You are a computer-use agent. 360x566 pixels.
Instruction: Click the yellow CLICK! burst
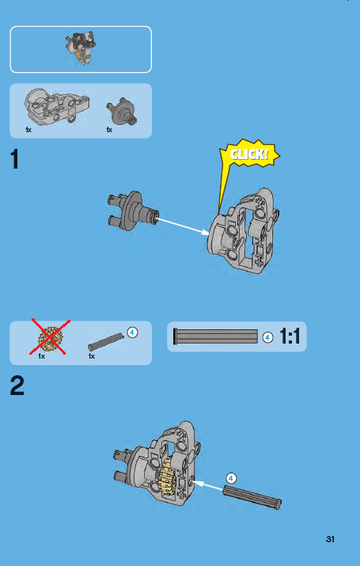pyautogui.click(x=249, y=155)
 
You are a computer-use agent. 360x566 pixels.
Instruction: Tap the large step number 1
pyautogui.click(x=15, y=159)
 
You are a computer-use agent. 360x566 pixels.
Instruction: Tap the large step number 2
pyautogui.click(x=17, y=386)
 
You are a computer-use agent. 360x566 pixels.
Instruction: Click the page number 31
pyautogui.click(x=330, y=539)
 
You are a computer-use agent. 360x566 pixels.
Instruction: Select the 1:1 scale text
pyautogui.click(x=290, y=336)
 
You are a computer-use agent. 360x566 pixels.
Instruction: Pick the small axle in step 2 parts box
pyautogui.click(x=106, y=342)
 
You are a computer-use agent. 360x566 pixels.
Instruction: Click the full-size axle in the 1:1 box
pyautogui.click(x=216, y=336)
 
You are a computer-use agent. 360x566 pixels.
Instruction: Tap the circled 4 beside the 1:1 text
pyautogui.click(x=267, y=337)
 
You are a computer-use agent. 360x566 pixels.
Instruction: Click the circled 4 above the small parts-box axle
pyautogui.click(x=132, y=332)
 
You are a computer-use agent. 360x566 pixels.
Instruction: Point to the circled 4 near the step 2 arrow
pyautogui.click(x=231, y=479)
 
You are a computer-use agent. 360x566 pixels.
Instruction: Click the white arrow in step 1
pyautogui.click(x=183, y=226)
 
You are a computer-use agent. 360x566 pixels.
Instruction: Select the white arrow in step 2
pyautogui.click(x=208, y=485)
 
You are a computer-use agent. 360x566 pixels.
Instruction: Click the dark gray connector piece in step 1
pyautogui.click(x=132, y=211)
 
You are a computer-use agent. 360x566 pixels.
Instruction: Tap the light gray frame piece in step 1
pyautogui.click(x=244, y=231)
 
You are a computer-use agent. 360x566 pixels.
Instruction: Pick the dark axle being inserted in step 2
pyautogui.click(x=252, y=497)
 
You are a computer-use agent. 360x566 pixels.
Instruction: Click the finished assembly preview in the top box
pyautogui.click(x=81, y=48)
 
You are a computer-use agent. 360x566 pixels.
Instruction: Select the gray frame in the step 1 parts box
pyautogui.click(x=57, y=107)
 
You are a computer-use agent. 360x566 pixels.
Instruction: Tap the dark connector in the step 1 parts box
pyautogui.click(x=122, y=111)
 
